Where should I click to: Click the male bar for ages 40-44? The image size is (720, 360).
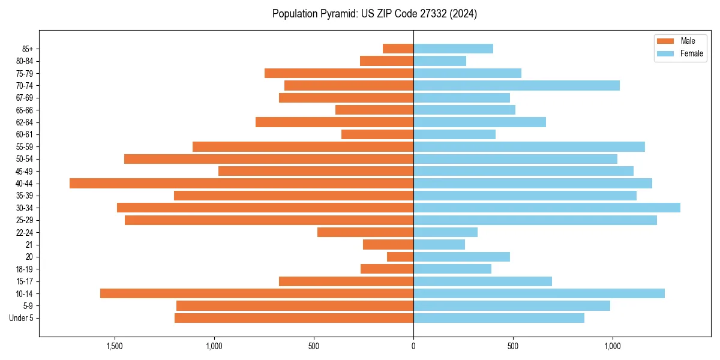pyautogui.click(x=241, y=183)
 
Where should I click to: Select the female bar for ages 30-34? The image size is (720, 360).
pyautogui.click(x=547, y=208)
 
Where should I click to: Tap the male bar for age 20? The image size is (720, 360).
pyautogui.click(x=400, y=257)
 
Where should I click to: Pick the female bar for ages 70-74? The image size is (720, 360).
pyautogui.click(x=516, y=86)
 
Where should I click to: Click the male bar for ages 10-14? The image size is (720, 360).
pyautogui.click(x=257, y=293)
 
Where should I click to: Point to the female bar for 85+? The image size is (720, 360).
pyautogui.click(x=453, y=49)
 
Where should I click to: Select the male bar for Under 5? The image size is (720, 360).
pyautogui.click(x=294, y=318)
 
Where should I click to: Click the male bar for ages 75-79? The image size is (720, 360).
pyautogui.click(x=339, y=73)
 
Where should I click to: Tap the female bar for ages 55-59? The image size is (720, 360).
pyautogui.click(x=529, y=146)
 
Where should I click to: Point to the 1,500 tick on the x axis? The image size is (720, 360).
pyautogui.click(x=115, y=346)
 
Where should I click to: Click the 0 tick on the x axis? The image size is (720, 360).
pyautogui.click(x=413, y=346)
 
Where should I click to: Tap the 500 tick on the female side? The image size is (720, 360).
pyautogui.click(x=512, y=346)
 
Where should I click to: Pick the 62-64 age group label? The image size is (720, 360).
pyautogui.click(x=25, y=122)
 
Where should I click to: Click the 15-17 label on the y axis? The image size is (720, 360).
pyautogui.click(x=25, y=281)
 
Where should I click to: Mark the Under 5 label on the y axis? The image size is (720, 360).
pyautogui.click(x=22, y=318)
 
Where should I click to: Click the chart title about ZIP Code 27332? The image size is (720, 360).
pyautogui.click(x=374, y=14)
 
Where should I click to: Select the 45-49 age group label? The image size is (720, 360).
pyautogui.click(x=25, y=171)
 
